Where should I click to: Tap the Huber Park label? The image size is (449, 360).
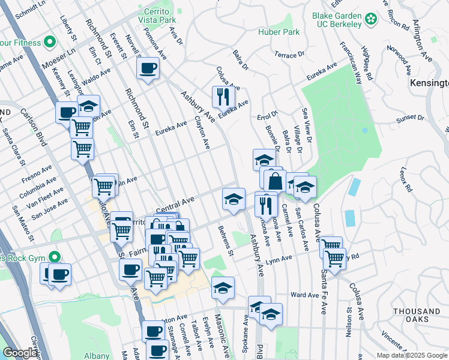click(x=274, y=31)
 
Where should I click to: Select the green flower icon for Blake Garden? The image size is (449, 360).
click(x=371, y=19)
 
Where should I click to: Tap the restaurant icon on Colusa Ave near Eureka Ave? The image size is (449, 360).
click(x=223, y=95)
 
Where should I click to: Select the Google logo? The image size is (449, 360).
click(x=19, y=353)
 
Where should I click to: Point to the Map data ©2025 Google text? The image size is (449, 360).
click(x=411, y=355)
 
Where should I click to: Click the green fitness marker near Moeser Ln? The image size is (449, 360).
click(x=50, y=43)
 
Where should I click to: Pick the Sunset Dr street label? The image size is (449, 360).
click(x=410, y=118)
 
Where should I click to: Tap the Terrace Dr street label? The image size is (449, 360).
click(x=289, y=55)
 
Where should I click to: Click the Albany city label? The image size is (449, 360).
click(x=97, y=356)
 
